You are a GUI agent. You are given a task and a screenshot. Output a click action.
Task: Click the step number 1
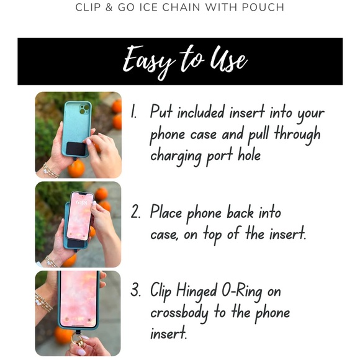coord(133,112)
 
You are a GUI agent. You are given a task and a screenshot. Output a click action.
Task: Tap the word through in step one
coord(300,134)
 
